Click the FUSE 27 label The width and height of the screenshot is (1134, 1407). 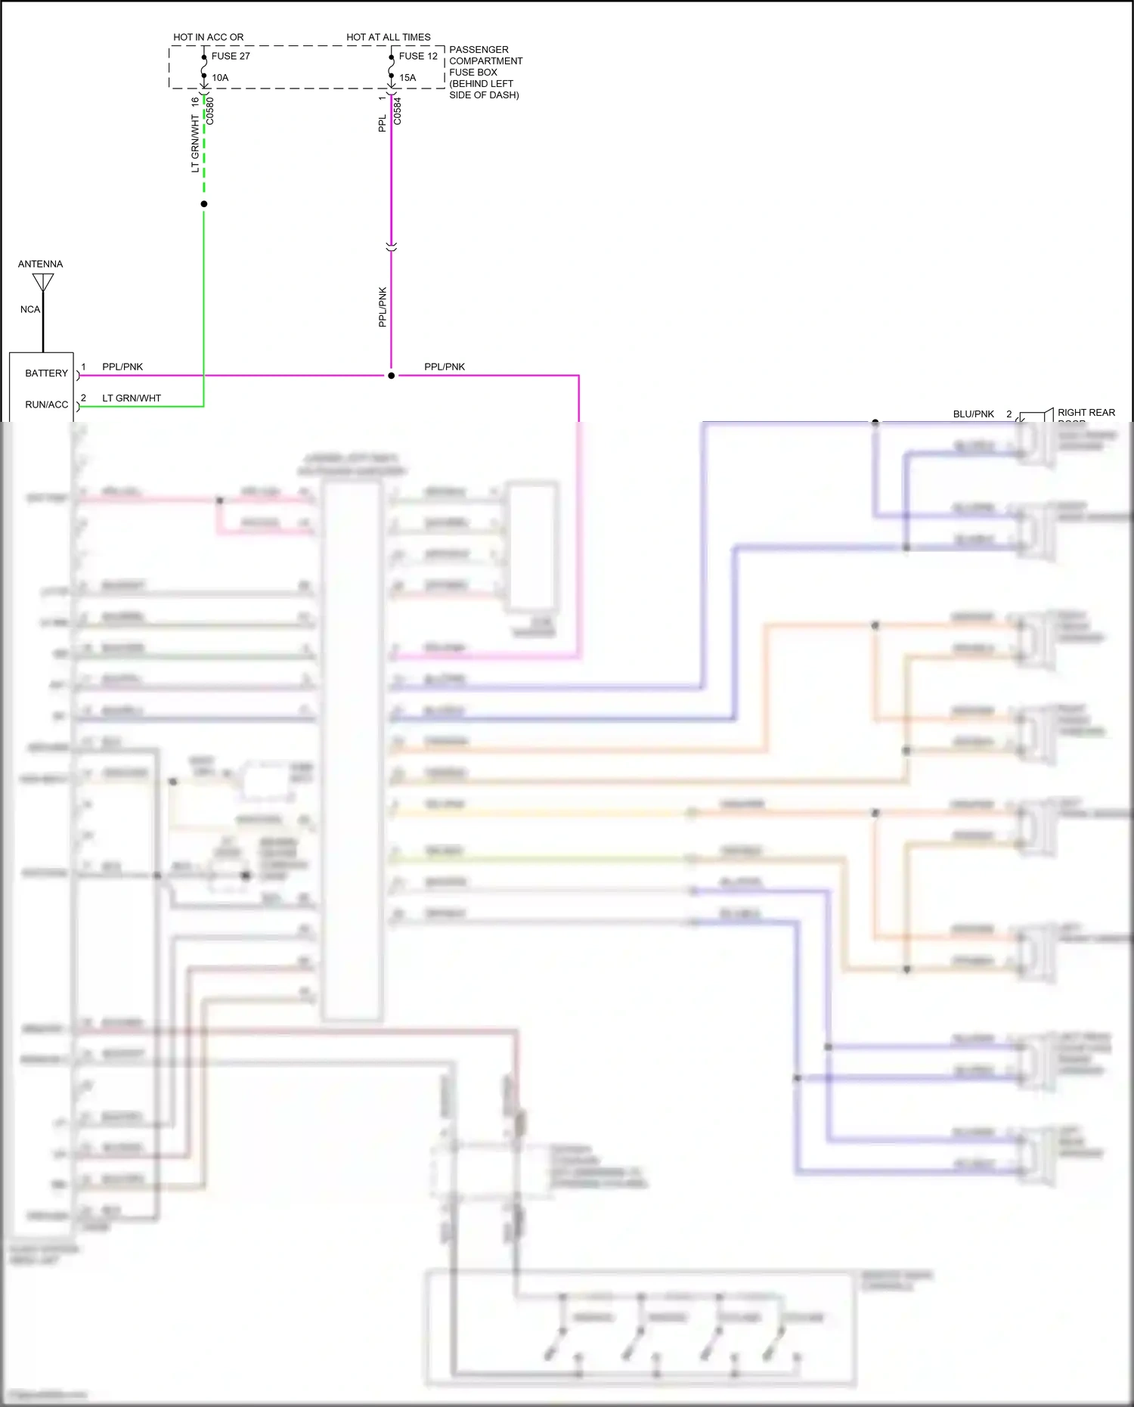(x=231, y=56)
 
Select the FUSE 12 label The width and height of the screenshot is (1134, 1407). (x=418, y=56)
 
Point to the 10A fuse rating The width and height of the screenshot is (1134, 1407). (x=220, y=78)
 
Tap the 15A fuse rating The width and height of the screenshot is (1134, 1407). (x=407, y=78)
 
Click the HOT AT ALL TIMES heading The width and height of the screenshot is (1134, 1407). (x=389, y=37)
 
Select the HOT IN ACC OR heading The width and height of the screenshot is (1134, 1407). (x=208, y=37)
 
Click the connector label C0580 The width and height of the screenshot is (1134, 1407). (x=211, y=111)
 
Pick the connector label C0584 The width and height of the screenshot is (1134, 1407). (x=398, y=111)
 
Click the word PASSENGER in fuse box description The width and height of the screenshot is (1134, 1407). (x=479, y=50)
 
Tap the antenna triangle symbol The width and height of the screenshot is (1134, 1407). (x=43, y=281)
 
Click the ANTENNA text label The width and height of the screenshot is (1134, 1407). (x=40, y=264)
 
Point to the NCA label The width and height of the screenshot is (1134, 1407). (x=30, y=309)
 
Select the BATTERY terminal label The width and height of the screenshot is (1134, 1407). (x=46, y=373)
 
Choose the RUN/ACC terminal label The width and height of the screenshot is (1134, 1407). (x=46, y=404)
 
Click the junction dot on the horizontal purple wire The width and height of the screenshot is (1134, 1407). (x=391, y=376)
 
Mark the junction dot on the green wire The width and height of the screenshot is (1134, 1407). (x=204, y=204)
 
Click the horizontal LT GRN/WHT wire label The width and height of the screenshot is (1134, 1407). (x=132, y=398)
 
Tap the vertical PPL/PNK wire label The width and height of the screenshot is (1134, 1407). (x=383, y=307)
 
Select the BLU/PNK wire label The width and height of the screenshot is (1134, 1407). (x=973, y=414)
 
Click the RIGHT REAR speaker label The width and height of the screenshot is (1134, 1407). (x=1086, y=413)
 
